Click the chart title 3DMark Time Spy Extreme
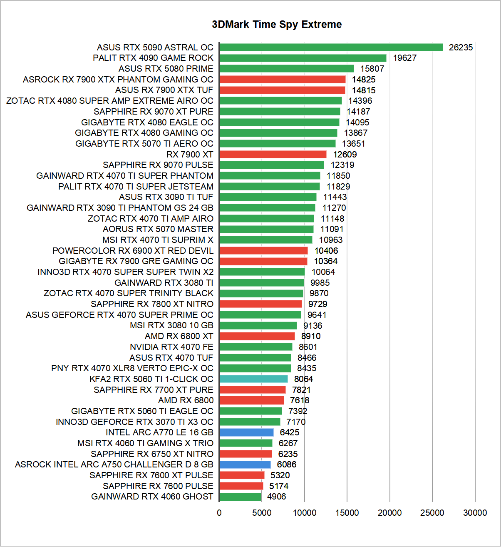277,25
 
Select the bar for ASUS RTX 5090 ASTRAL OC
331,47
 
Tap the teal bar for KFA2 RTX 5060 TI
253,379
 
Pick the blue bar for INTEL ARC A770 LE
246,432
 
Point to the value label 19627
404,58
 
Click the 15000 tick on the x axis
347,513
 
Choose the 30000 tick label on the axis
475,513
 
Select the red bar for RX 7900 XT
273,155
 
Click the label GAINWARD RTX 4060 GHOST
152,497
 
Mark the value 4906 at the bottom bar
277,497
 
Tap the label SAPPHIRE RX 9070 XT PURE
154,112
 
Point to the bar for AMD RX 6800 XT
257,336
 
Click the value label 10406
326,251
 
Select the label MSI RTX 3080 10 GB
171,325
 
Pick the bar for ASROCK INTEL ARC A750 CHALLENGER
245,465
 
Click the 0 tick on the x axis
219,513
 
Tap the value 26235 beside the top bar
461,47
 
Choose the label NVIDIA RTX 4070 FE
171,347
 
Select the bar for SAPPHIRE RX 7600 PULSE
241,486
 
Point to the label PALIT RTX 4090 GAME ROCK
153,58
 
